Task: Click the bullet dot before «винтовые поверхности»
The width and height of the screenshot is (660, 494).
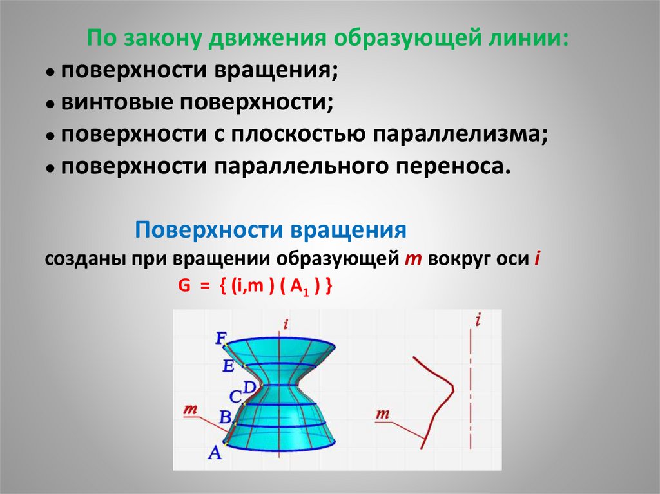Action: point(49,104)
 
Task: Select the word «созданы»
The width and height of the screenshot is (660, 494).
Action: point(84,260)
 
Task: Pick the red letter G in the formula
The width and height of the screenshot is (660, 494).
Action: point(184,288)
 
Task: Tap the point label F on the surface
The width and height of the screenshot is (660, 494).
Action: point(221,337)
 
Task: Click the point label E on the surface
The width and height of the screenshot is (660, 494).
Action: point(228,366)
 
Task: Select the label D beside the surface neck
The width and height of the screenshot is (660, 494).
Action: point(249,386)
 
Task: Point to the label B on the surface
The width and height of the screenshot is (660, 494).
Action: point(225,417)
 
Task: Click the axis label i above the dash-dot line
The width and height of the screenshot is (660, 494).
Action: point(478,319)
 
